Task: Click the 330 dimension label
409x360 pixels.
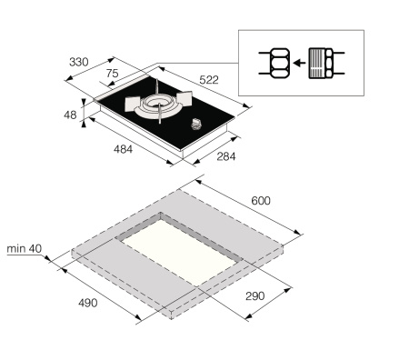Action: (x=78, y=63)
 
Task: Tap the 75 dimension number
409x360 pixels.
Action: (x=112, y=73)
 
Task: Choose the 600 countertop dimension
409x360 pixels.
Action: (x=260, y=200)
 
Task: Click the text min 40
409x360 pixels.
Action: (x=24, y=247)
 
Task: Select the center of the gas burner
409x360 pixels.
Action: (x=160, y=105)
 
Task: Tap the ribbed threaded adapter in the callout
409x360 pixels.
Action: (x=321, y=63)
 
